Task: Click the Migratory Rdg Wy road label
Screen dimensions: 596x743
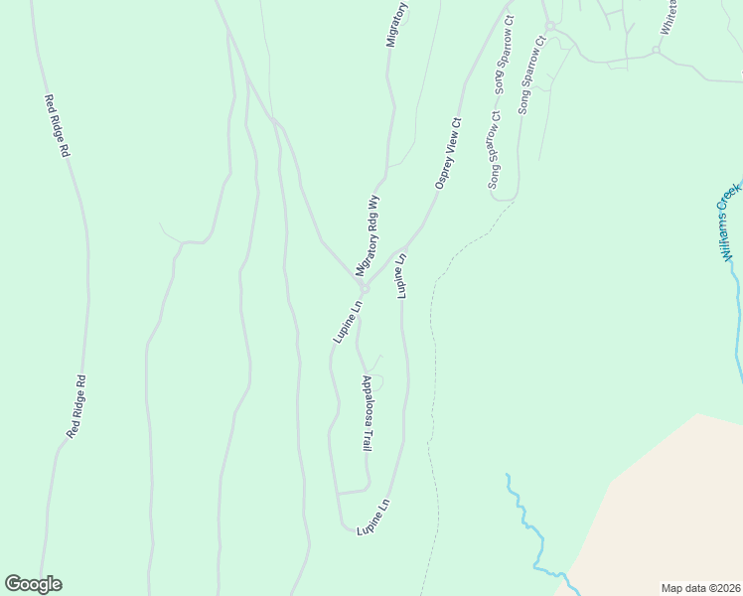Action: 368,234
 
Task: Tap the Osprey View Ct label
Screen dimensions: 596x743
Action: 449,154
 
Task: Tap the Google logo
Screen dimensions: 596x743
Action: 33,584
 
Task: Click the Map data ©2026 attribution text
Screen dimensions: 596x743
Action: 701,587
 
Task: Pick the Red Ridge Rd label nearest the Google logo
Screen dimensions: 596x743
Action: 76,406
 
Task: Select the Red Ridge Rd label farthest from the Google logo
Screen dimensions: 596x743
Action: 57,125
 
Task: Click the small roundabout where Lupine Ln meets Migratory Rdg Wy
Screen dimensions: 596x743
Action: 365,289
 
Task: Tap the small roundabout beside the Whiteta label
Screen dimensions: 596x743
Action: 656,49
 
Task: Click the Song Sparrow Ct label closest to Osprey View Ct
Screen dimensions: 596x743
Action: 495,149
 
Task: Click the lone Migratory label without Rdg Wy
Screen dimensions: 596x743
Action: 396,24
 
